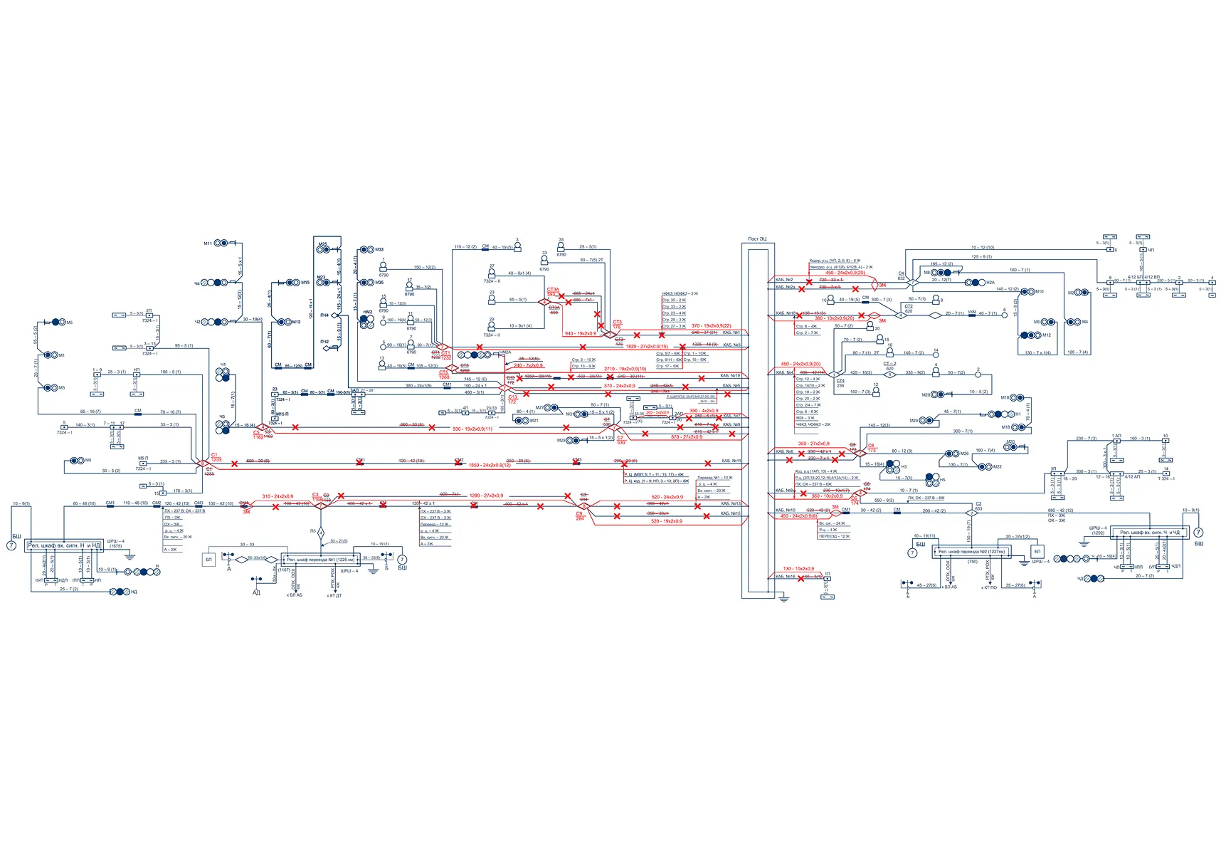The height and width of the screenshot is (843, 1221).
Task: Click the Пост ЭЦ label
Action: tap(757, 239)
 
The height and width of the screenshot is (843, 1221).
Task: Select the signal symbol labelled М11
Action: tap(222, 244)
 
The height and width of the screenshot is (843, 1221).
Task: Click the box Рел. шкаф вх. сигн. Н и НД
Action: tap(64, 545)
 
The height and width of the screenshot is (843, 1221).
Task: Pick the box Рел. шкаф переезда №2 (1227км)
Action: tap(971, 552)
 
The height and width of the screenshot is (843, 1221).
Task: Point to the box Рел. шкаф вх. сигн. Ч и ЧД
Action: tap(1150, 533)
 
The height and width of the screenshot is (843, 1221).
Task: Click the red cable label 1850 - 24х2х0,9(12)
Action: tap(490, 466)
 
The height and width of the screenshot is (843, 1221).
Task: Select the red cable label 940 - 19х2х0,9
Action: tap(580, 334)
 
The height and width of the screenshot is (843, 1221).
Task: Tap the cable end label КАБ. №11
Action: tap(731, 461)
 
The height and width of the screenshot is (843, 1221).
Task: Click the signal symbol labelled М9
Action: tap(75, 461)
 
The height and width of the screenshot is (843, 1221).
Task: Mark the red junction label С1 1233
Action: tap(216, 457)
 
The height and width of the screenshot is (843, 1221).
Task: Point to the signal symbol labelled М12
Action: tap(1030, 335)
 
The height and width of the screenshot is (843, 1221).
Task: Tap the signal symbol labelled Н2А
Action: tap(976, 283)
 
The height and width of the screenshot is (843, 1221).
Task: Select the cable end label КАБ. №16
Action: tap(785, 577)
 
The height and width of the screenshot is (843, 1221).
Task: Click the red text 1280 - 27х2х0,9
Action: tap(486, 496)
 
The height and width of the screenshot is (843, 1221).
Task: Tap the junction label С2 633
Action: tap(978, 506)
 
